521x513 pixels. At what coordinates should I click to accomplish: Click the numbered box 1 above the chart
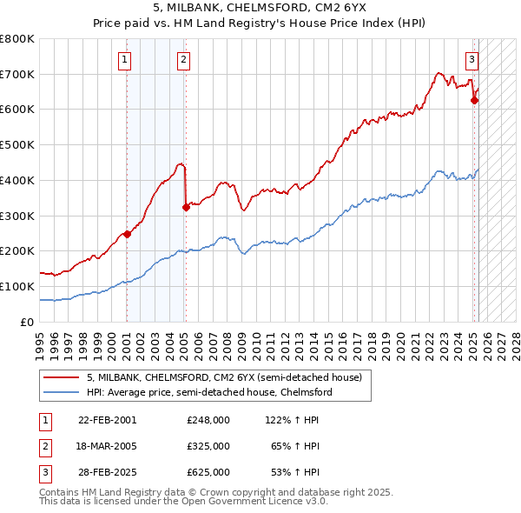pos(126,60)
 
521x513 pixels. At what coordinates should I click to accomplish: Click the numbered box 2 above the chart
pos(184,60)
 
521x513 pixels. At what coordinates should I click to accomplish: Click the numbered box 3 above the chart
pos(472,60)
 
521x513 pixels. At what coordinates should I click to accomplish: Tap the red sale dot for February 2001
pos(127,233)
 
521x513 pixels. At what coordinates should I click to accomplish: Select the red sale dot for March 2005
pos(186,206)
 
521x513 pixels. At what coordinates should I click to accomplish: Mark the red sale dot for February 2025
pos(474,100)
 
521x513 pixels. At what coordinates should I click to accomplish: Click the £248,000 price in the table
pos(208,419)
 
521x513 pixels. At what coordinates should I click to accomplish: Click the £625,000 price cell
pos(208,471)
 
